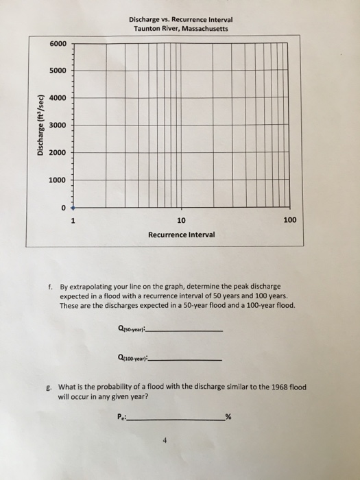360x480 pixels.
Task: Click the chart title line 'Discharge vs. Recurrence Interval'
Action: [x=180, y=19]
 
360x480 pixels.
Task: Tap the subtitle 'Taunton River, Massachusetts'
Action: [x=180, y=29]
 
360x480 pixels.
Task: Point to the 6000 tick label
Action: [x=58, y=44]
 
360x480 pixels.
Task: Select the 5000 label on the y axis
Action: [x=58, y=71]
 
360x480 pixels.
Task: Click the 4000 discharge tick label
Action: [x=58, y=97]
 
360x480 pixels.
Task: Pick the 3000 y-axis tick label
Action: [x=58, y=125]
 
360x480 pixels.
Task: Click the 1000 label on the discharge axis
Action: [x=58, y=180]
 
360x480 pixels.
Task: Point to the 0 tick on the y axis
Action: [x=63, y=207]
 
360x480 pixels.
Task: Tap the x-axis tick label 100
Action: [x=289, y=221]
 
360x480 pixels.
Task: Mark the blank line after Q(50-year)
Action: [x=185, y=331]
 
